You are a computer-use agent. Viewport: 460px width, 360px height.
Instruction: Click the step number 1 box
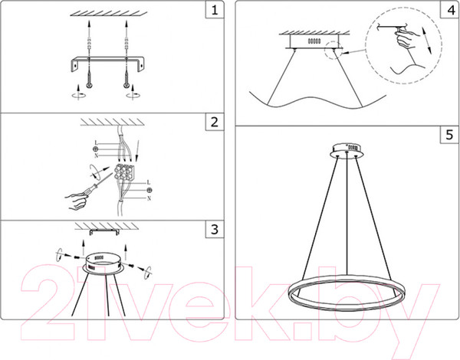(215, 10)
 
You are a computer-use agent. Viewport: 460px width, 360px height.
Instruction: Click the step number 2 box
(215, 122)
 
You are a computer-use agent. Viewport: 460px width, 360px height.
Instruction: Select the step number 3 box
(215, 229)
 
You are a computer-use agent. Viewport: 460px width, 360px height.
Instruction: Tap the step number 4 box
(449, 10)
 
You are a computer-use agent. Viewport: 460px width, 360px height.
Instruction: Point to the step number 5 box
(449, 135)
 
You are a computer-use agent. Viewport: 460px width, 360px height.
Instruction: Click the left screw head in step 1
(89, 85)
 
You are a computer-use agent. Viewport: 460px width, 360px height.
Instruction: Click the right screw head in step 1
(127, 85)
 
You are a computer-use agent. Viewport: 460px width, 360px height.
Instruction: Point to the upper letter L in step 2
(96, 142)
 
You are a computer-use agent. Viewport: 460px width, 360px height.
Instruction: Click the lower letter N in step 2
(149, 198)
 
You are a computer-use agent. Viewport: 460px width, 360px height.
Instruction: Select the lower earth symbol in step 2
(149, 190)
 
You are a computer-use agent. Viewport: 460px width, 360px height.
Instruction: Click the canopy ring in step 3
(103, 263)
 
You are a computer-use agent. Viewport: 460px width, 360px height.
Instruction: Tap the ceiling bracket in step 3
(104, 232)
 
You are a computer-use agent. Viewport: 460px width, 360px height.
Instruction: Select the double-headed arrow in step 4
(427, 41)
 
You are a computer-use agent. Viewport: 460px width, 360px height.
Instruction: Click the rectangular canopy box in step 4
(315, 41)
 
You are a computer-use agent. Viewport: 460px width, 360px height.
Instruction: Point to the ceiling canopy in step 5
(347, 150)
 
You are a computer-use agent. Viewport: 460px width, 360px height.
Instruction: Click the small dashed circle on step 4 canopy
(333, 50)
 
